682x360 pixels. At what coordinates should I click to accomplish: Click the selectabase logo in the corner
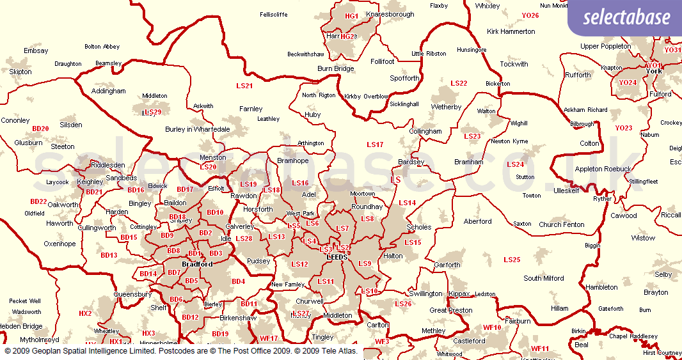point(626,17)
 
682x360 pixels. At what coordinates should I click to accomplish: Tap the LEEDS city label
point(337,256)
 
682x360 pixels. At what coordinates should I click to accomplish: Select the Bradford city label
point(197,264)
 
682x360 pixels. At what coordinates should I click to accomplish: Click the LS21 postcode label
point(244,86)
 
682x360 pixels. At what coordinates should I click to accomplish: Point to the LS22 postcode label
point(459,84)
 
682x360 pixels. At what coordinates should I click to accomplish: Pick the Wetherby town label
point(446,107)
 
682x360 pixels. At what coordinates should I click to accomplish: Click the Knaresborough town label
point(390,14)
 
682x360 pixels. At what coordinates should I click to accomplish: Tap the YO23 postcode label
point(624,128)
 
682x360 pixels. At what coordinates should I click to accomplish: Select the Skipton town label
point(20,72)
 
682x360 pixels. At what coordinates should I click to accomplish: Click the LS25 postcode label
point(512,260)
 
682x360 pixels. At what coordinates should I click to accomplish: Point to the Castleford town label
point(469,341)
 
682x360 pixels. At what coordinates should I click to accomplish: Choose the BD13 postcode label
point(109,255)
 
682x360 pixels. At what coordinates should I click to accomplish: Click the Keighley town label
point(90,182)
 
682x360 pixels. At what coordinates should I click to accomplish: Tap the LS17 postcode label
point(375,145)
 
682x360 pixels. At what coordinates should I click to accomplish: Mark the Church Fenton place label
point(561,224)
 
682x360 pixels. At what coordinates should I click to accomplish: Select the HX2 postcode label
point(85,313)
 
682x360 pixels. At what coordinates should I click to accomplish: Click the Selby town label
point(663,274)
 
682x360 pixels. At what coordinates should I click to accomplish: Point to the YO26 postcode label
point(530,15)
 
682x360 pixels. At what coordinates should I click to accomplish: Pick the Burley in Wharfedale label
point(198,129)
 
